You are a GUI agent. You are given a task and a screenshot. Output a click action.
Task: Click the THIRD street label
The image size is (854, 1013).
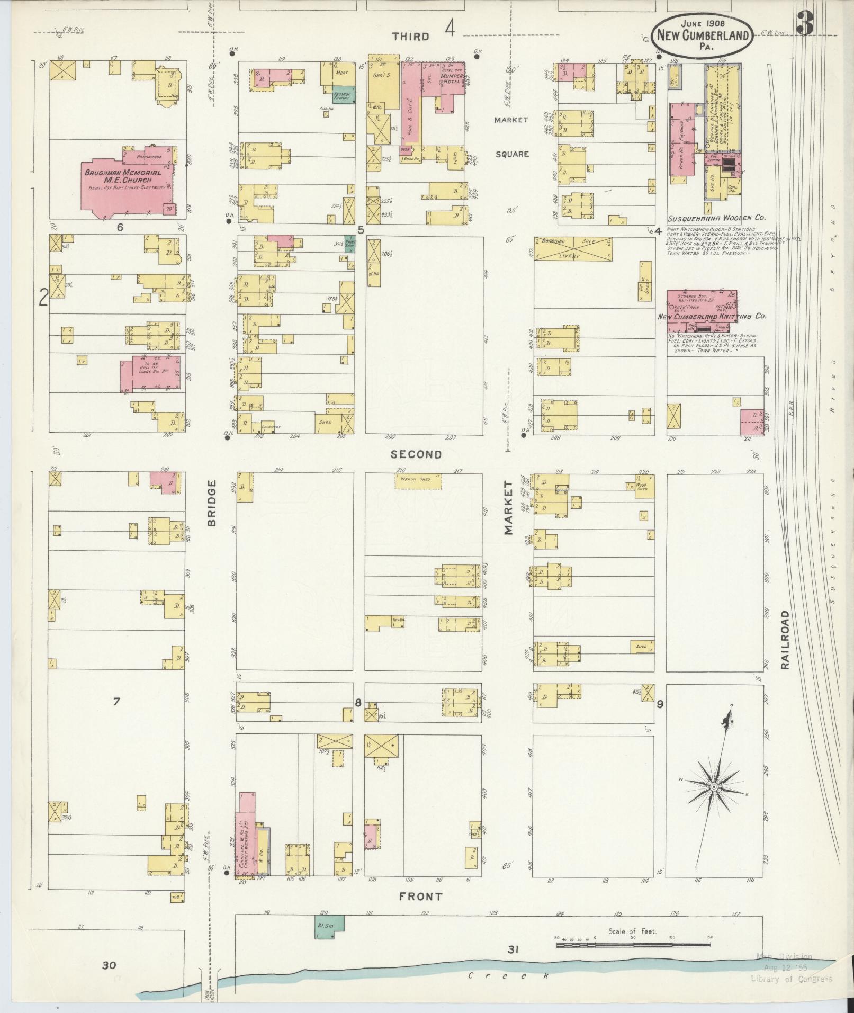[410, 36]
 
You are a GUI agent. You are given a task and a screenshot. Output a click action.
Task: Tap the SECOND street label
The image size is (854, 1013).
[416, 454]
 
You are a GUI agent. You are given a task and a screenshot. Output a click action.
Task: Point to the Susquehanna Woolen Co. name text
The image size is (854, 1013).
[716, 218]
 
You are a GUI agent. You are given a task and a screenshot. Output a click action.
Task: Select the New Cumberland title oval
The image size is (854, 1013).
[702, 34]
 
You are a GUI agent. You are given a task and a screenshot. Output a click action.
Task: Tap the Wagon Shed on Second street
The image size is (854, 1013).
[418, 480]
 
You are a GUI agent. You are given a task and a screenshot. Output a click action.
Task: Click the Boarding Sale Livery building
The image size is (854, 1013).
[573, 248]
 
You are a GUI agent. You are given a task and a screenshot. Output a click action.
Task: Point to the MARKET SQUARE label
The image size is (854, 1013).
[511, 137]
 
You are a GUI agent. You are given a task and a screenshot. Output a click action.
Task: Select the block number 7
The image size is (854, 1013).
[116, 702]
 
